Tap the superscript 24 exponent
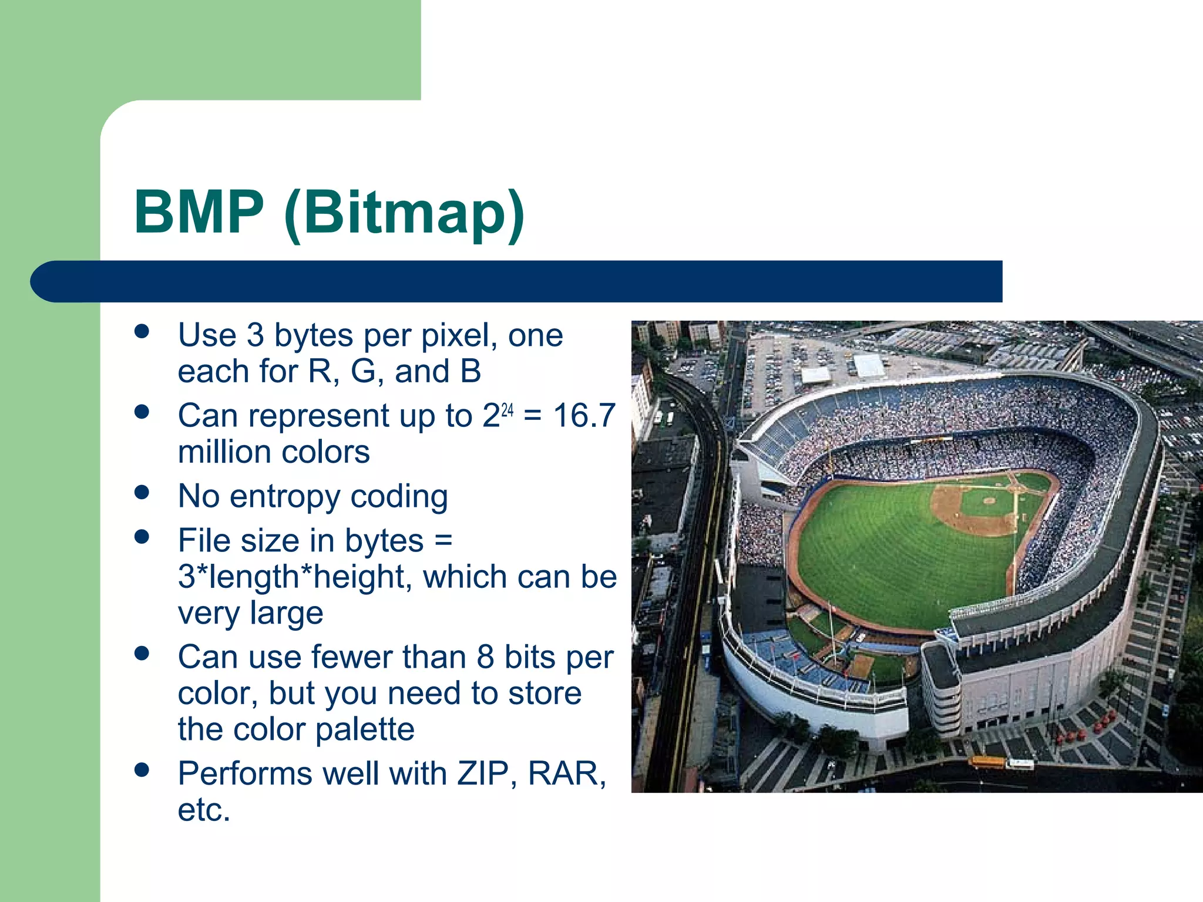(508, 410)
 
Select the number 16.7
(584, 416)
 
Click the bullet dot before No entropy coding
(142, 492)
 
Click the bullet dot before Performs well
(142, 769)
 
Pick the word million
(221, 453)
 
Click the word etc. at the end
(203, 810)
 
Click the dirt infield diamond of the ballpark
(975, 510)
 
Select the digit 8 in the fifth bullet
(485, 657)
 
